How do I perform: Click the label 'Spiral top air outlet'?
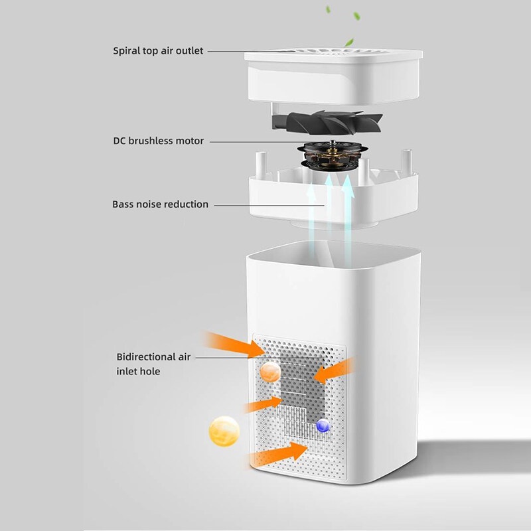158,51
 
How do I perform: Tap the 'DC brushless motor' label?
159,141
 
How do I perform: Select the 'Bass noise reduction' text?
160,204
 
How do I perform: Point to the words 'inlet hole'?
138,372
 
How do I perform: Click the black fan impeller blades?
327,122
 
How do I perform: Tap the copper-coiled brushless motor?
331,157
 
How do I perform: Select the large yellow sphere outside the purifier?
224,431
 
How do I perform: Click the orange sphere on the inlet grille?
270,372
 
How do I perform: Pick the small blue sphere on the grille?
323,425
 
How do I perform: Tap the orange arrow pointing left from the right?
335,371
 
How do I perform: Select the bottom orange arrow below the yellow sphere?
277,453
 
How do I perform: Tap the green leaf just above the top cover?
349,42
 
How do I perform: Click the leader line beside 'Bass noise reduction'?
270,205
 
